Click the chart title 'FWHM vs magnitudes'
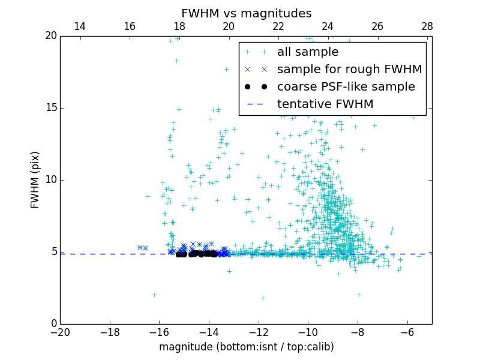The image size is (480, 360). coord(246,13)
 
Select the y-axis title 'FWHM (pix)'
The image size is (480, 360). coord(35,179)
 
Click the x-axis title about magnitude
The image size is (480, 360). coord(246,347)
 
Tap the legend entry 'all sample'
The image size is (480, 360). coord(308,52)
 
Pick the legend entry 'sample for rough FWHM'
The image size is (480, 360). coord(349,70)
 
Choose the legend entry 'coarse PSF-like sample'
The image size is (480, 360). coord(346,87)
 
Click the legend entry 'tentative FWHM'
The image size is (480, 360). coord(325,104)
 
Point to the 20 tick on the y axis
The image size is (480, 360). coord(50,36)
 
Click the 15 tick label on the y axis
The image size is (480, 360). coord(50,108)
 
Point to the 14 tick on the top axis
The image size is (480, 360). coord(79,26)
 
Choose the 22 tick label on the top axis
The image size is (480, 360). coord(278,26)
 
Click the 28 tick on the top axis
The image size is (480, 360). coord(427,26)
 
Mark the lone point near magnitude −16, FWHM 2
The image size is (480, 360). coord(154,295)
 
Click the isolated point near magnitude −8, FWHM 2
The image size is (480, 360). coord(359,295)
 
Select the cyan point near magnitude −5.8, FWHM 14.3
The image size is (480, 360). coord(413,118)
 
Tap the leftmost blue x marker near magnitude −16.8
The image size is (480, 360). coord(140,247)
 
